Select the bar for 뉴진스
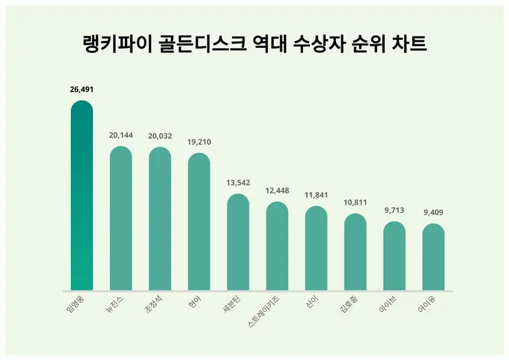121,218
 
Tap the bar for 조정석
160,219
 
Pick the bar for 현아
199,221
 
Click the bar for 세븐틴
238,242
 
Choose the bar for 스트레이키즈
277,246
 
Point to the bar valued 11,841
316,248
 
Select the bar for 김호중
355,252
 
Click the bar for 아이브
394,256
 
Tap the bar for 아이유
433,257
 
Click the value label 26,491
82,90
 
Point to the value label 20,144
121,135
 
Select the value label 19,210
199,142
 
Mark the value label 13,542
238,182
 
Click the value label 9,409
433,212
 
